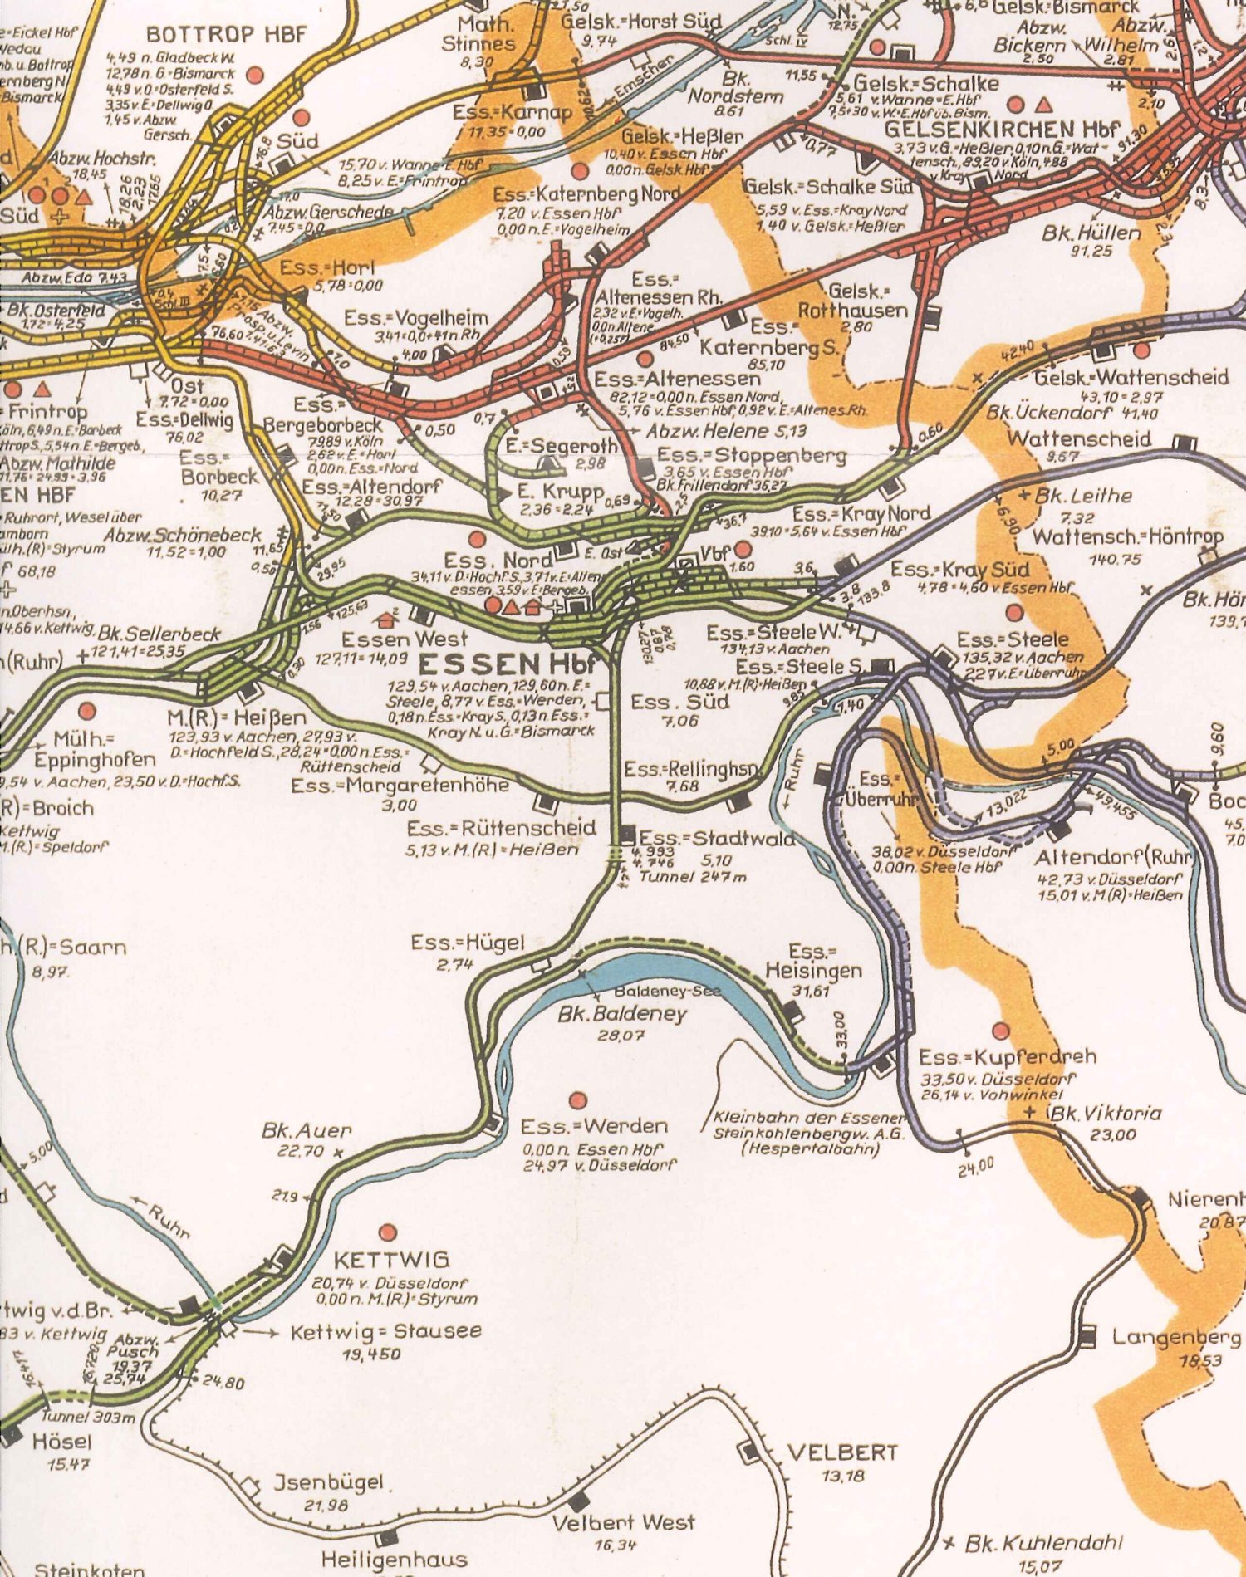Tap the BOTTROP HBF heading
pos(227,34)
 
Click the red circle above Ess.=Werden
pos(578,1100)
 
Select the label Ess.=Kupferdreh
pos(1007,1057)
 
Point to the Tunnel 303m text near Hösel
pos(87,1417)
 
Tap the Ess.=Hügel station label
pos(468,943)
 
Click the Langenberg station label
pos(1175,1338)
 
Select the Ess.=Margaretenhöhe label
pos(400,786)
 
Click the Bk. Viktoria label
pos(1105,1114)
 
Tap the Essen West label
pos(405,639)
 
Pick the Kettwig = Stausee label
pos(385,1332)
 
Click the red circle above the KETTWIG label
pos(387,1232)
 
